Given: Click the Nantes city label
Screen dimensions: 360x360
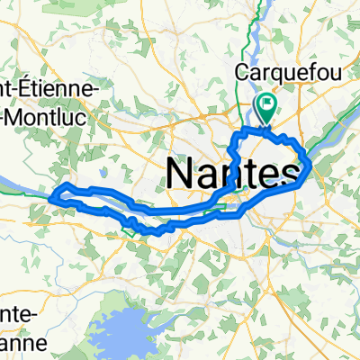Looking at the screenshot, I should tap(233, 170).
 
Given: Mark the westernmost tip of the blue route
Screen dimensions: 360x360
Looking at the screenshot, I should tap(56, 193).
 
